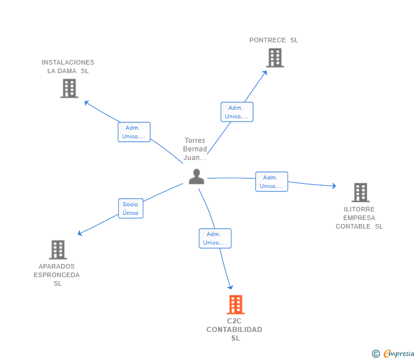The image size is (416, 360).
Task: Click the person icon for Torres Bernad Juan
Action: (x=196, y=177)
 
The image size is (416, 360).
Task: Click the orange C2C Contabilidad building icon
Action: (x=235, y=305)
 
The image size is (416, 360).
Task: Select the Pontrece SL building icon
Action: (x=275, y=58)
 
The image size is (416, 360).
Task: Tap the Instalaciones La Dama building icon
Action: (x=69, y=89)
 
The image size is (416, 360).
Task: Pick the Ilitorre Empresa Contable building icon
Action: (x=360, y=193)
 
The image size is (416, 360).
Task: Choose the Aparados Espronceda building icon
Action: (x=58, y=250)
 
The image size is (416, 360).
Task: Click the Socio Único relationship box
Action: (x=130, y=209)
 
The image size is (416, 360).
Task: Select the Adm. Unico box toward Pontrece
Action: (x=237, y=112)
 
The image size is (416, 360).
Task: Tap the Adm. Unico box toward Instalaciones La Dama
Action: (x=134, y=132)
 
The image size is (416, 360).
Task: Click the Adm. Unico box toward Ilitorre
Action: (x=271, y=182)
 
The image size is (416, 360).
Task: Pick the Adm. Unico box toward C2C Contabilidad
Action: (x=215, y=238)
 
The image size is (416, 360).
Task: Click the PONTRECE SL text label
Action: (x=274, y=40)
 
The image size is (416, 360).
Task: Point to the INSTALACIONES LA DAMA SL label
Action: (x=68, y=67)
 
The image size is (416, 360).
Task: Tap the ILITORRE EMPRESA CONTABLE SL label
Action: (x=359, y=218)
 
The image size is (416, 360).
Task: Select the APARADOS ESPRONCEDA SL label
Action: (x=57, y=275)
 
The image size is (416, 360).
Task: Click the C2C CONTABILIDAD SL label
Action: (x=234, y=330)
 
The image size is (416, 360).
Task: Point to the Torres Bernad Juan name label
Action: (x=195, y=149)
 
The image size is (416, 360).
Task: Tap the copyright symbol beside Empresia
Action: (x=375, y=354)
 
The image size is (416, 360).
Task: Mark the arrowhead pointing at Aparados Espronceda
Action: (x=80, y=234)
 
